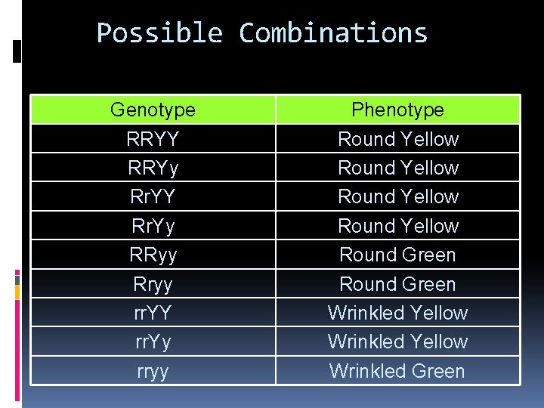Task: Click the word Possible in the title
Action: click(159, 33)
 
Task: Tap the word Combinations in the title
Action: click(333, 33)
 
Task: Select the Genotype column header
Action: click(153, 110)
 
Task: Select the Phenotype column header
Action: click(397, 110)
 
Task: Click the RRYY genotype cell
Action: click(153, 139)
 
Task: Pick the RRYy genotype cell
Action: click(153, 168)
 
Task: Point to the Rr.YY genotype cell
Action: click(153, 196)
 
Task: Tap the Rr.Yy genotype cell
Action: click(153, 226)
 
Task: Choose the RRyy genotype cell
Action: click(153, 255)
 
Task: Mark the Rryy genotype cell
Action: click(153, 284)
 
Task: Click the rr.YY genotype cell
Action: click(153, 313)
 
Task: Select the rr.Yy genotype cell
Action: click(153, 342)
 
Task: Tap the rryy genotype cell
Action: click(153, 371)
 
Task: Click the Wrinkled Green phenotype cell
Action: click(397, 371)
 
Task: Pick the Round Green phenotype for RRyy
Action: click(397, 255)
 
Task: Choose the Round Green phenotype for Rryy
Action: click(397, 284)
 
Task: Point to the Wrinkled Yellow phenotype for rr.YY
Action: click(397, 313)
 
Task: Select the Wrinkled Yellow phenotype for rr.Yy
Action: click(397, 342)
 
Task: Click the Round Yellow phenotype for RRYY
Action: click(397, 139)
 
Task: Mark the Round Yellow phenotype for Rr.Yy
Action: click(397, 226)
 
